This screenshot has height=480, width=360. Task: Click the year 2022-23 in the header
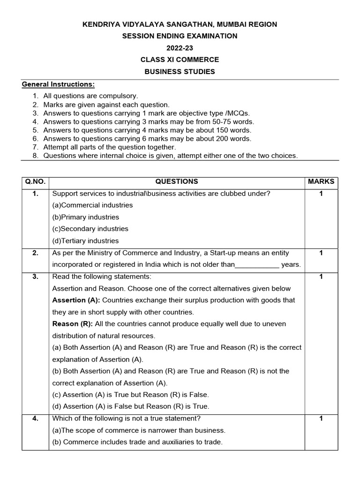pos(180,48)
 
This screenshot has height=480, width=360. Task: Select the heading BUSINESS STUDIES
pos(180,72)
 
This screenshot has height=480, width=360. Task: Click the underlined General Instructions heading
pos(59,84)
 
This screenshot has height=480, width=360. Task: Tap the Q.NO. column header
pos(35,181)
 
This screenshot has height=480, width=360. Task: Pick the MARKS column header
pos(321,181)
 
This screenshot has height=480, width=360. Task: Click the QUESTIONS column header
pos(177,181)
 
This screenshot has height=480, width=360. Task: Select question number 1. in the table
pos(35,193)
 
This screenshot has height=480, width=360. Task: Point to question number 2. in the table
pos(35,253)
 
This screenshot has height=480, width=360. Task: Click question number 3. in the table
pos(35,277)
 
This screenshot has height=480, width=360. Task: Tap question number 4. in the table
pos(35,419)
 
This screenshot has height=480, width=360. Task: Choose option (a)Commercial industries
pos(92,205)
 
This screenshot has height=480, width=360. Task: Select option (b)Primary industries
pos(86,217)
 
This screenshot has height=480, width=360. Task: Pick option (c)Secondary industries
pos(90,229)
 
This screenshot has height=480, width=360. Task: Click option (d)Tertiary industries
pos(86,241)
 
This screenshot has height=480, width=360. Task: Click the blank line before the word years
pos(257,265)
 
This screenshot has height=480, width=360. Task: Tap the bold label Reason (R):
pos(71,324)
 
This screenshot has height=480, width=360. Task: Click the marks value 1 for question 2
pos(321,253)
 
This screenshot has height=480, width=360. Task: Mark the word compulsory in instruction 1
pos(120,96)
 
